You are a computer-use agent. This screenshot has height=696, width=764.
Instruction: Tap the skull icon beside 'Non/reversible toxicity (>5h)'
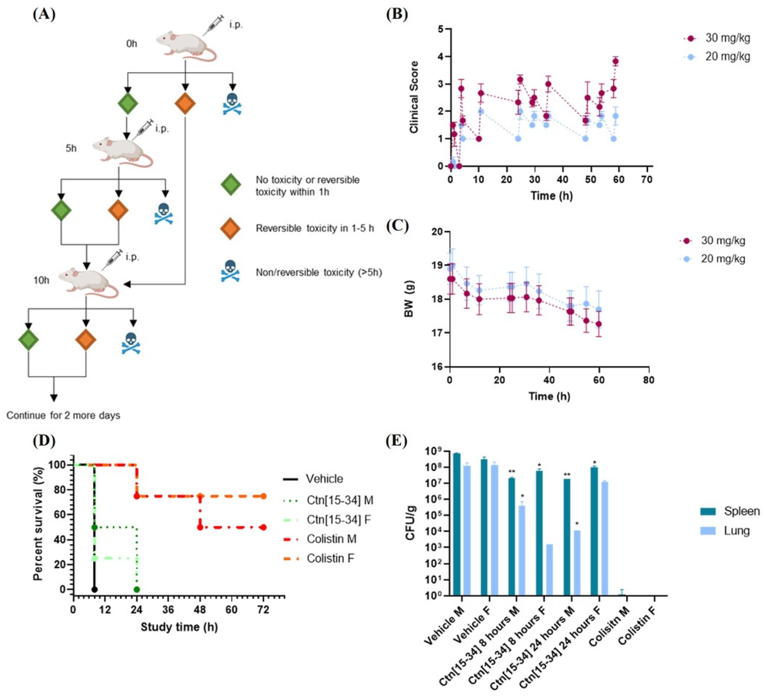(x=230, y=271)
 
